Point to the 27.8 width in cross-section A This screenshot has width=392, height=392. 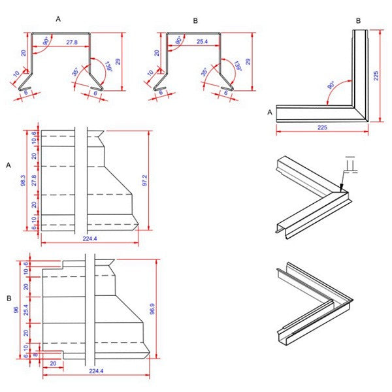click(x=71, y=42)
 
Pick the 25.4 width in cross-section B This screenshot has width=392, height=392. click(x=202, y=42)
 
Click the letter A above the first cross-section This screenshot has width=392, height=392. click(x=58, y=20)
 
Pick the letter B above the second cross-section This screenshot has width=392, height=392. click(x=195, y=20)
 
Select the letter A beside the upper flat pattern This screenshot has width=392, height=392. click(x=8, y=165)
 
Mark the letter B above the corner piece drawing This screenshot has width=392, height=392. click(x=358, y=21)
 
